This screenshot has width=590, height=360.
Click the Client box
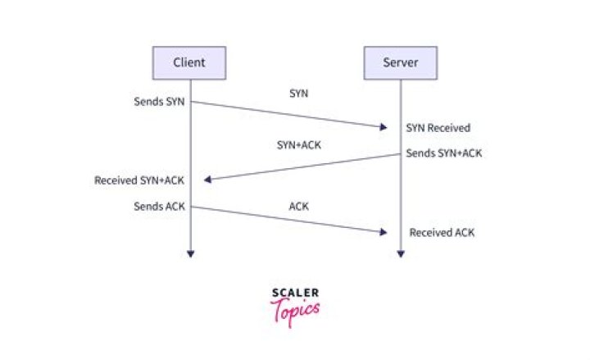point(189,63)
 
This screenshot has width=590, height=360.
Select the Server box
point(401,63)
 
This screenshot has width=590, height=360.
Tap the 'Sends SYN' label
point(159,102)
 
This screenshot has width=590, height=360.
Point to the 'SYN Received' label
point(438,128)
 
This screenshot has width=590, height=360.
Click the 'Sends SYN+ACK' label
point(444,153)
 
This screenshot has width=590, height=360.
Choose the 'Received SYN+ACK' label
point(139,180)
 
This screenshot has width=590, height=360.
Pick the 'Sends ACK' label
point(159,207)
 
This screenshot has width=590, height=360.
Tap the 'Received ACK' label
point(442,233)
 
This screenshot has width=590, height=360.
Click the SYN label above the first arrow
point(299,93)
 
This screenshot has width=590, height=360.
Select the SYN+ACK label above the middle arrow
point(299,145)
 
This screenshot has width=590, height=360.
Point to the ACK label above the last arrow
point(299,207)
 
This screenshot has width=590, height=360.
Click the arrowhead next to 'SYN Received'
point(383,127)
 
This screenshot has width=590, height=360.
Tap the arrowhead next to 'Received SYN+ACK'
point(207,180)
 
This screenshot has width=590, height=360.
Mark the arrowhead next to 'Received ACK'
point(383,232)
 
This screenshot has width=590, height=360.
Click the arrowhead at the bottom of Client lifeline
point(191,254)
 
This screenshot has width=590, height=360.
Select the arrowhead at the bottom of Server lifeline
point(401,254)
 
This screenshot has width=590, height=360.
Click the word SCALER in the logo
point(295,293)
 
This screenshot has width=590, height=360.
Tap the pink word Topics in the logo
point(295,312)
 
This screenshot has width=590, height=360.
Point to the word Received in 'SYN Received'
point(449,128)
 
